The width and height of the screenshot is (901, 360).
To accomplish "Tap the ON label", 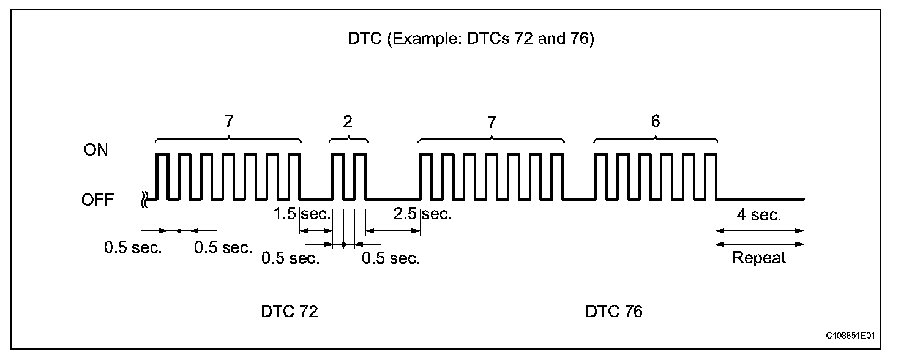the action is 95,151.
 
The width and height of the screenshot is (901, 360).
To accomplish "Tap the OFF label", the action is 98,200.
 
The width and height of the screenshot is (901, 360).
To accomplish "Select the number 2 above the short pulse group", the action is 348,121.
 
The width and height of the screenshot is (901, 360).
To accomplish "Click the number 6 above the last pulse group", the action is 656,121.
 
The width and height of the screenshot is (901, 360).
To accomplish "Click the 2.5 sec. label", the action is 422,214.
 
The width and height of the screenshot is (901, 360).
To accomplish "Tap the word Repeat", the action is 759,258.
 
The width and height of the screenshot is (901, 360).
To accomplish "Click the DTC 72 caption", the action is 290,312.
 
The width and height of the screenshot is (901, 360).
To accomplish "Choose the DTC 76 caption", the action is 614,312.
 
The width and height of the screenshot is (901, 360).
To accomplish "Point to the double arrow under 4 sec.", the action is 759,231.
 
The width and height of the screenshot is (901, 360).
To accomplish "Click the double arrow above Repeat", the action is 759,244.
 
